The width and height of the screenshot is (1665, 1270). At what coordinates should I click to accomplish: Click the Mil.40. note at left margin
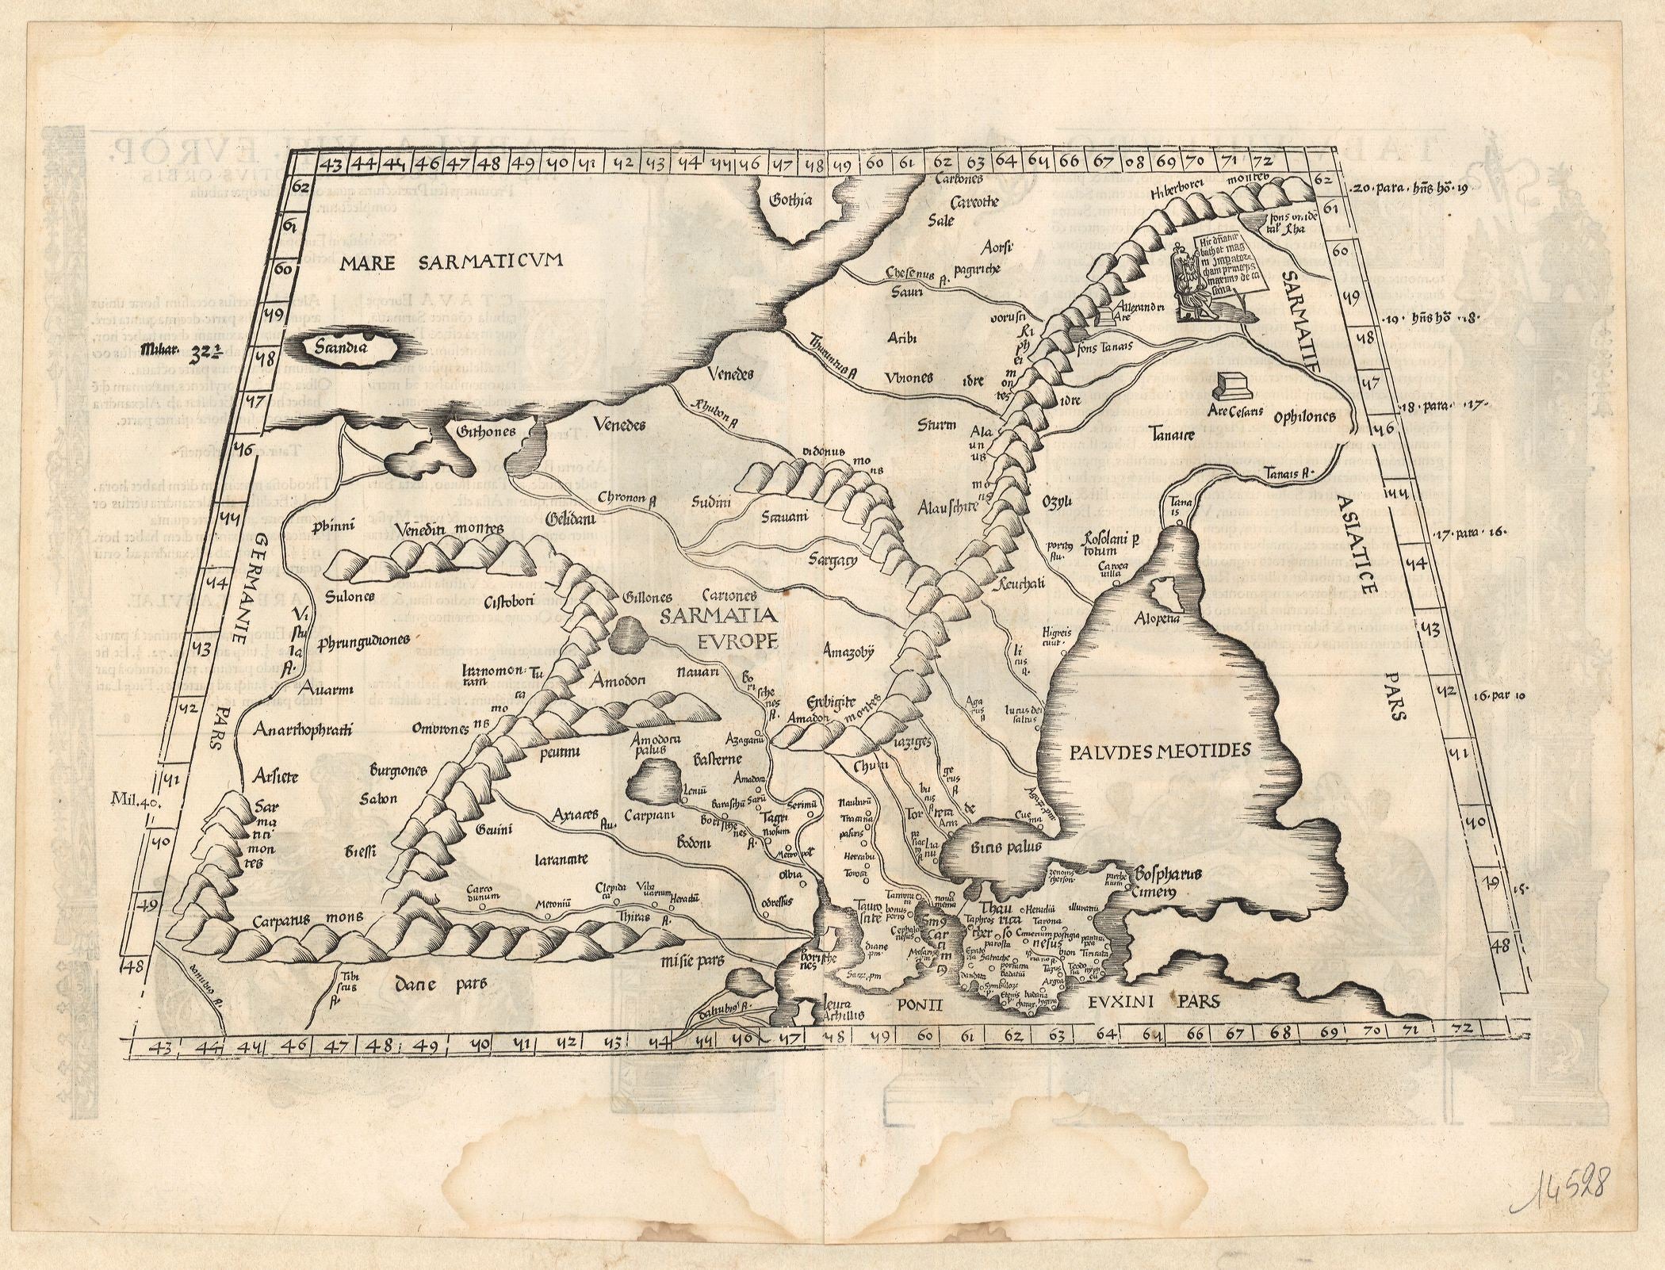(x=136, y=801)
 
